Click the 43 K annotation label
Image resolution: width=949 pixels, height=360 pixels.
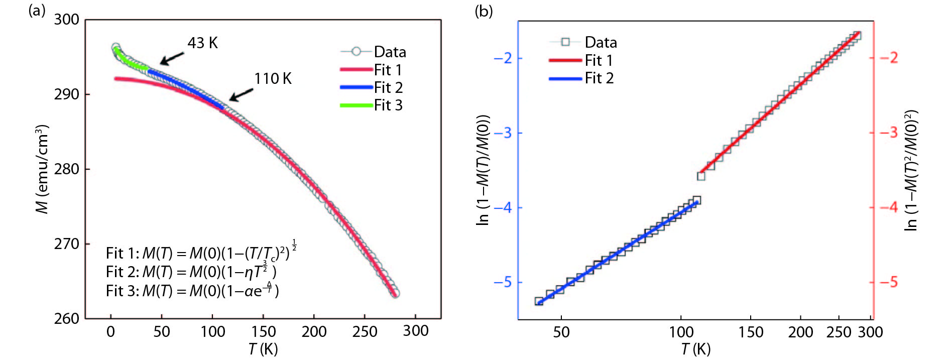(x=202, y=43)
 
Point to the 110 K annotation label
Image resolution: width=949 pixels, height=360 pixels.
(x=273, y=79)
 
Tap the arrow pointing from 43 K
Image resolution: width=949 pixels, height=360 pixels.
(x=172, y=59)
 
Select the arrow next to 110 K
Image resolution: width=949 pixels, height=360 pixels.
(x=241, y=94)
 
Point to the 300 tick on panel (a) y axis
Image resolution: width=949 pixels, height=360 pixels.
(x=66, y=20)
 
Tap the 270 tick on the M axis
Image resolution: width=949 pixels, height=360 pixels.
(x=66, y=244)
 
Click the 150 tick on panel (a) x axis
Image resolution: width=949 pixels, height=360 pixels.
(x=263, y=332)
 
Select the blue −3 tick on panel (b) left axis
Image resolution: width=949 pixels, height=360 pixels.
(x=502, y=133)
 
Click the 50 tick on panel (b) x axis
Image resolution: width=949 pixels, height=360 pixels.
(x=561, y=332)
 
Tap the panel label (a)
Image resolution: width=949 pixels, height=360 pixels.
(x=37, y=11)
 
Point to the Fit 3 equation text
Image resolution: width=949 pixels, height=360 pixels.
(x=192, y=290)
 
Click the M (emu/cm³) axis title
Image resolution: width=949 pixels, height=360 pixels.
(x=43, y=169)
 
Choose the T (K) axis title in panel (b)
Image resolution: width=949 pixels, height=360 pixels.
(x=695, y=348)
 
